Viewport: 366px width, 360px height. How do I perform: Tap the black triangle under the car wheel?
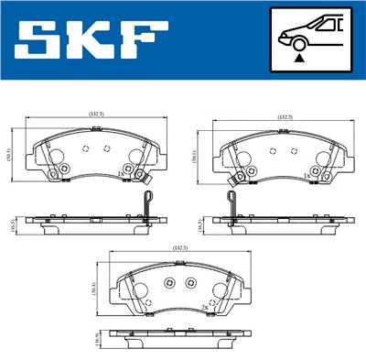[x=298, y=57]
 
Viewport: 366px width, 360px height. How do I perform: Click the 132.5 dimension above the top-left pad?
[x=95, y=115]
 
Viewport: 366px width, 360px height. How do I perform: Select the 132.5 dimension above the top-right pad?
[x=285, y=116]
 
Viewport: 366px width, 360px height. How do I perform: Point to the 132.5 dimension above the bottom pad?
[x=179, y=248]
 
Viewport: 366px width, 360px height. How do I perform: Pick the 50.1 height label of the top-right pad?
[x=195, y=157]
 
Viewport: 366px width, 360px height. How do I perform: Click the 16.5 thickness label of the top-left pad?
[x=9, y=225]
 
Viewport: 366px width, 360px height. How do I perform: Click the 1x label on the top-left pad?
[x=119, y=173]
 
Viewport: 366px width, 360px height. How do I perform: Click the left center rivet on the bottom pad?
[x=170, y=281]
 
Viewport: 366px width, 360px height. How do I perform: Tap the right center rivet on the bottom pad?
[x=191, y=281]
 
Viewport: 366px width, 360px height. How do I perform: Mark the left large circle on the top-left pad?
[x=52, y=158]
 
